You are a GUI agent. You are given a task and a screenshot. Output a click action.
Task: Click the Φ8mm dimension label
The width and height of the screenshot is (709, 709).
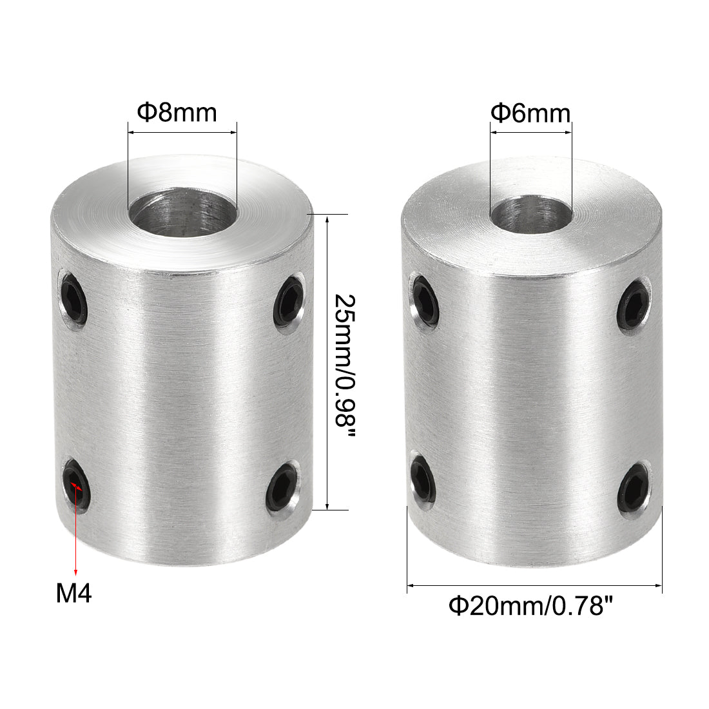(177, 113)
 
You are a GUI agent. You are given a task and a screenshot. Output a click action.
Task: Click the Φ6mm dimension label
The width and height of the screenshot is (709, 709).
(530, 114)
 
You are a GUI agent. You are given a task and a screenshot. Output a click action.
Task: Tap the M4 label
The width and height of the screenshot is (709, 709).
(74, 594)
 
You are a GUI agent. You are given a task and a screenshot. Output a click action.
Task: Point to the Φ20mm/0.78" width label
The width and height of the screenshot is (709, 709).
(530, 607)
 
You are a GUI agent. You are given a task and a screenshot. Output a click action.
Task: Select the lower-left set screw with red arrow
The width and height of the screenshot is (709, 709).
(77, 485)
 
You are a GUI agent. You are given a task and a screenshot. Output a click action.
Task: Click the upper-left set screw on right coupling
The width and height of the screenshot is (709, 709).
(425, 301)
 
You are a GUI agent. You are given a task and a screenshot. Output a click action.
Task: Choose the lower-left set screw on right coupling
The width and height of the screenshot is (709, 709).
(424, 481)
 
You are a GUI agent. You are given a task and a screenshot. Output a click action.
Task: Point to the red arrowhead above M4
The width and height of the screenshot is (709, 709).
(76, 571)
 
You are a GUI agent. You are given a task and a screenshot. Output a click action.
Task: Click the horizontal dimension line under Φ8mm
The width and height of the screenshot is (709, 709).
(182, 133)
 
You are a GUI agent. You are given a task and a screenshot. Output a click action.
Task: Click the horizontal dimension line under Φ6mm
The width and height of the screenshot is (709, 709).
(530, 133)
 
